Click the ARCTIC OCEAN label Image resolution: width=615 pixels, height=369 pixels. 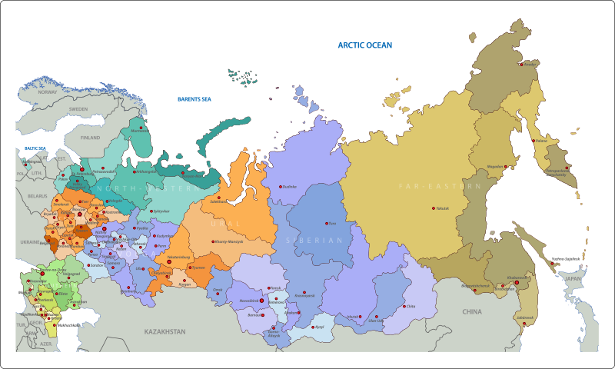tap(365, 45)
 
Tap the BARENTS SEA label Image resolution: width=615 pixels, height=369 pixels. tap(194, 99)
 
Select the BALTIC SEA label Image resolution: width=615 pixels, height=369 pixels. tap(35, 148)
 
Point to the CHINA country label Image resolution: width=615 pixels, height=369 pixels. tap(471, 311)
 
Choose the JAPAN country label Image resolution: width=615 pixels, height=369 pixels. tap(573, 280)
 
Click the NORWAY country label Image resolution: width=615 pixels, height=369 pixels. tap(48, 91)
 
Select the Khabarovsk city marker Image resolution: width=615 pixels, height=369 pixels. tap(517, 282)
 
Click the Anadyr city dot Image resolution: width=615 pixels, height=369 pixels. tap(526, 64)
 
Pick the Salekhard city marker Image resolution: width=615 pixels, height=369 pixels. tap(218, 200)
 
